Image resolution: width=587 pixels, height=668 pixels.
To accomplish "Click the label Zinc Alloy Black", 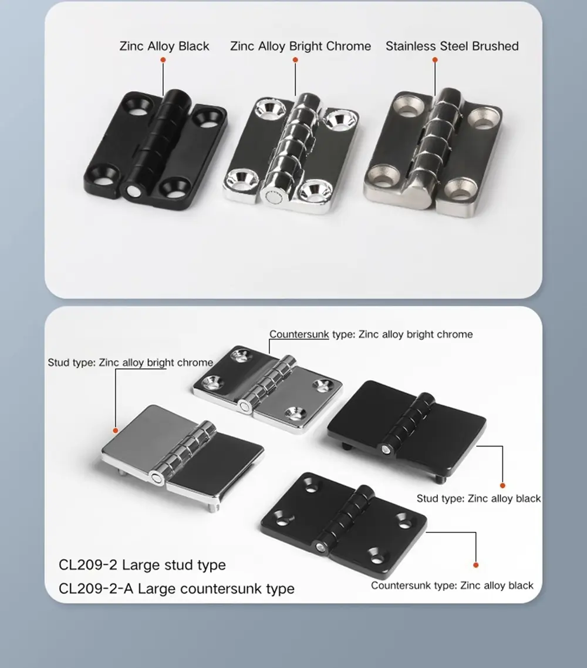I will click(x=164, y=46).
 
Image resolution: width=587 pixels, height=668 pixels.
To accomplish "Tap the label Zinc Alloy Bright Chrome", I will click(x=301, y=46).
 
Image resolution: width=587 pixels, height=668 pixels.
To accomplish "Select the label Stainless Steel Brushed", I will click(x=452, y=46).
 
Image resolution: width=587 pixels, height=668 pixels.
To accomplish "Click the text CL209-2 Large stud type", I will click(x=142, y=565).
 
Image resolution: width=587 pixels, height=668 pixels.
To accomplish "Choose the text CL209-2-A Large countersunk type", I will click(x=177, y=588).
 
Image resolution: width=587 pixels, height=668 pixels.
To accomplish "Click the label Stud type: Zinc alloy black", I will click(x=478, y=499).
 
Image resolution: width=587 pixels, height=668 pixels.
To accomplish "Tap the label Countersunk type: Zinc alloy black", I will click(x=452, y=586).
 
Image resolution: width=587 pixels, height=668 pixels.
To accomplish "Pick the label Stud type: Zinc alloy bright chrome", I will click(x=130, y=362).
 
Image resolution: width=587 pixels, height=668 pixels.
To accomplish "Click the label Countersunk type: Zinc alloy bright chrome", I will click(x=371, y=334).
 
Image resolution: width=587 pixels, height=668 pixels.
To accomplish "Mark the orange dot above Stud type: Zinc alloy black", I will click(x=502, y=485).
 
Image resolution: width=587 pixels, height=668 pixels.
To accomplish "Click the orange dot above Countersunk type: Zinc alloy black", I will click(x=475, y=565).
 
